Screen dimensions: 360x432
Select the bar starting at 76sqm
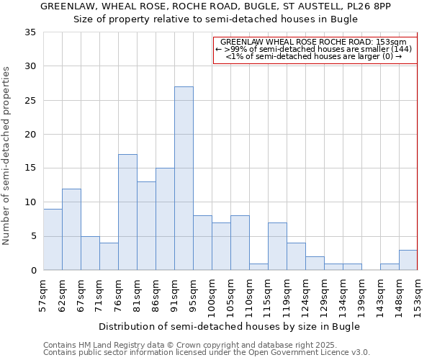127,212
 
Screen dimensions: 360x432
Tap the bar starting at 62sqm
71,229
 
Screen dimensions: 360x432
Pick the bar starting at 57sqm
53,239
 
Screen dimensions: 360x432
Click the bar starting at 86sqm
165,219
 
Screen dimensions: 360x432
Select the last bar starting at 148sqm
408,260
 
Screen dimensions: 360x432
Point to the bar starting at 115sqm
277,246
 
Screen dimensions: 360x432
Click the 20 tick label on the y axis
30,135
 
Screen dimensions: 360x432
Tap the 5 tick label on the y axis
33,236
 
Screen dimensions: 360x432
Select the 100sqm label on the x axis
212,297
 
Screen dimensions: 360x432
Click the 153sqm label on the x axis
418,297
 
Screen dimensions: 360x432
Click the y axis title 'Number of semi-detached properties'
7,155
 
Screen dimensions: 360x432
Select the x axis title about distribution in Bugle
230,326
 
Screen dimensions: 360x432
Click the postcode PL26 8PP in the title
374,6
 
